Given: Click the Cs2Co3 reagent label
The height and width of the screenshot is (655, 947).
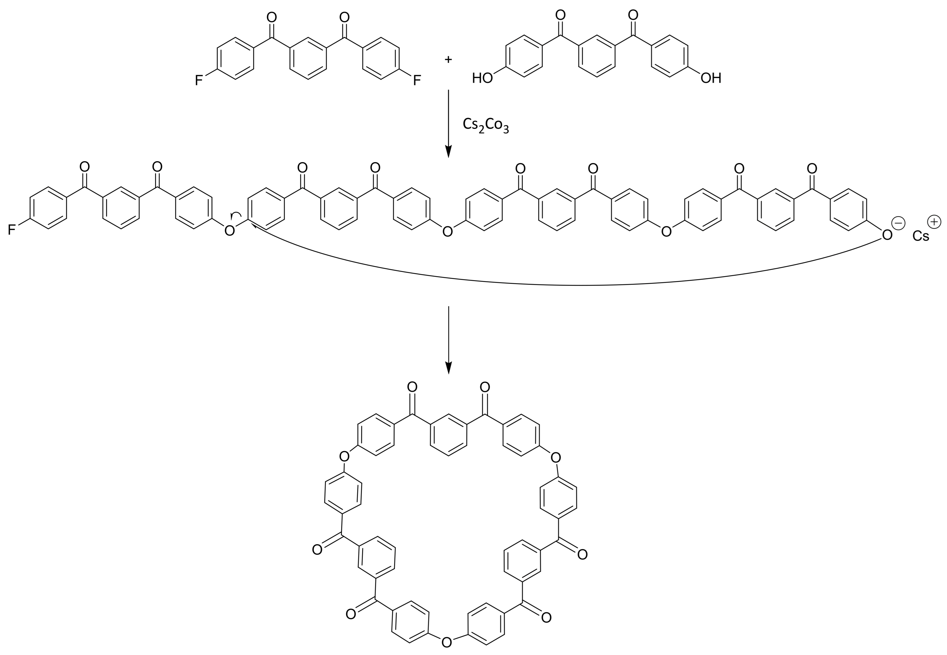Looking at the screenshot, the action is (486, 125).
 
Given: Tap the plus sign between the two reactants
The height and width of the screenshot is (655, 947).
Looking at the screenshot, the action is (448, 60).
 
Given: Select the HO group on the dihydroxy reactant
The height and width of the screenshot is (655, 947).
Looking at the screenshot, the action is (482, 78).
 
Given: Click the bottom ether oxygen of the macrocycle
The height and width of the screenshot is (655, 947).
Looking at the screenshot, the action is (447, 642).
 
